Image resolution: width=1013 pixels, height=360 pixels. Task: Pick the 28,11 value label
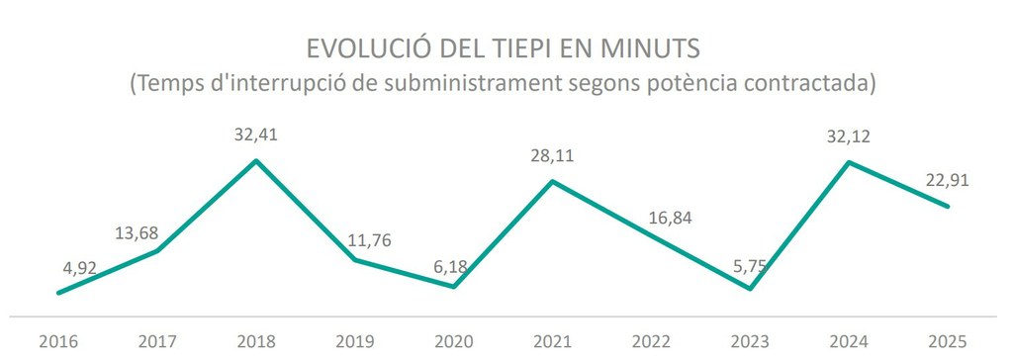tap(552, 155)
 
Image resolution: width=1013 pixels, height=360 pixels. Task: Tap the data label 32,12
tap(848, 137)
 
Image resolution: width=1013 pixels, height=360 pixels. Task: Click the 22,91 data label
tap(947, 180)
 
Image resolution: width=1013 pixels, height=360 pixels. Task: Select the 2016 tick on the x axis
tap(58, 341)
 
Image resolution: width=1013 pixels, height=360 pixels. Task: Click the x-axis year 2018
tap(256, 341)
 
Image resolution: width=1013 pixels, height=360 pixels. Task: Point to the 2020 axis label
tap(454, 341)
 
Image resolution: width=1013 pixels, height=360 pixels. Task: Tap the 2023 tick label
tap(750, 341)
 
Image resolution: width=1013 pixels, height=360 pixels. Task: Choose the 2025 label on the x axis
tap(948, 341)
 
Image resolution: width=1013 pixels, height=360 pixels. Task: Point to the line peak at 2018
tap(256, 160)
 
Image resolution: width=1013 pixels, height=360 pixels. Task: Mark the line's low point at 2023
tap(750, 289)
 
